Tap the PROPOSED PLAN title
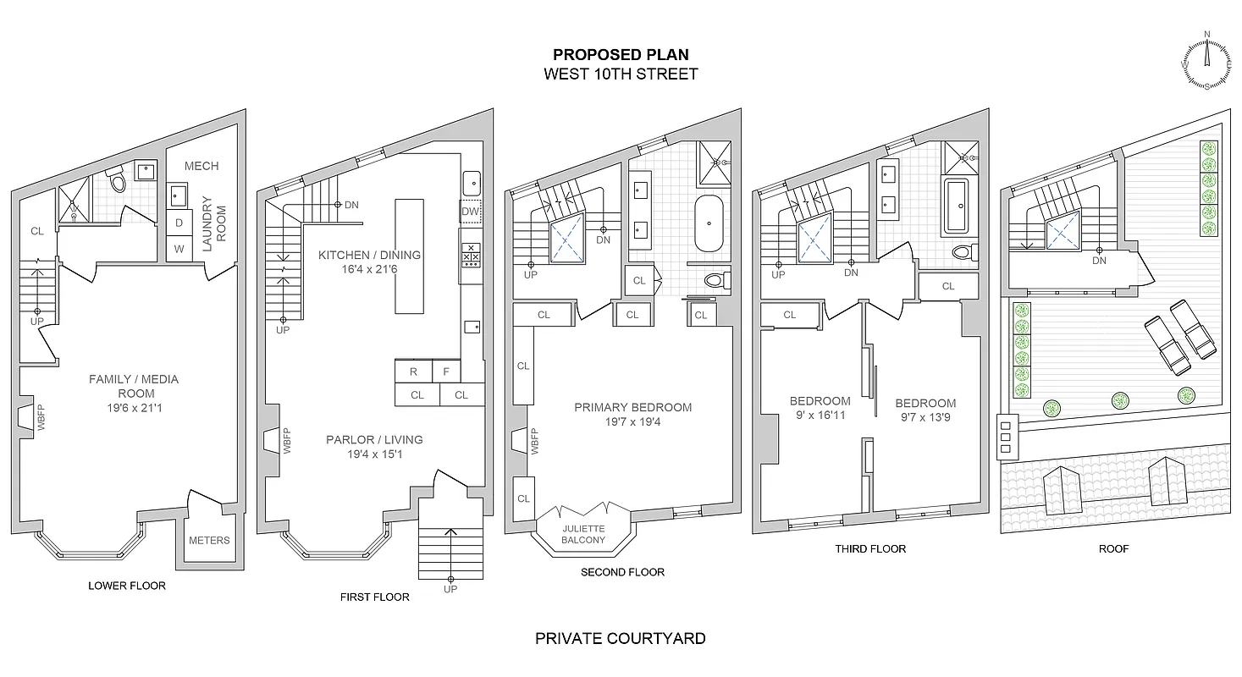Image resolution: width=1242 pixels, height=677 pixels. click(x=621, y=55)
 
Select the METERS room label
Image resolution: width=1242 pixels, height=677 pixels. click(x=209, y=540)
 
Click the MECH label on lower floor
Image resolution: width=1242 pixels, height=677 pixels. click(x=201, y=166)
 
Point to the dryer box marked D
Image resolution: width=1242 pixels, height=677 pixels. click(x=179, y=223)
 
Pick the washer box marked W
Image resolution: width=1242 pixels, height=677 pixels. click(x=179, y=249)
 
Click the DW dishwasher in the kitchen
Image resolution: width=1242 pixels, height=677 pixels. click(x=471, y=212)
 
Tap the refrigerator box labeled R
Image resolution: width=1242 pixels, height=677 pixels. click(x=413, y=372)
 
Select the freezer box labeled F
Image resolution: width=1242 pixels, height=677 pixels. click(x=446, y=372)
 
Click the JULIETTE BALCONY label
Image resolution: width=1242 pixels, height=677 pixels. click(x=584, y=534)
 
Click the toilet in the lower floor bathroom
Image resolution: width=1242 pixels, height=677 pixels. click(x=116, y=180)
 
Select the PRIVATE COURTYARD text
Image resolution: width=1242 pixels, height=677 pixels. click(x=621, y=638)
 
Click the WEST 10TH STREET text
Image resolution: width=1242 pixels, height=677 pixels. click(x=621, y=74)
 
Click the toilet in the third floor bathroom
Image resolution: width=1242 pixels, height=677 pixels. click(x=962, y=251)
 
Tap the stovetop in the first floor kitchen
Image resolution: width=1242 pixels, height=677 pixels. click(x=471, y=253)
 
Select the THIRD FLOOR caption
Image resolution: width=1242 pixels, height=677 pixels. click(x=870, y=549)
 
